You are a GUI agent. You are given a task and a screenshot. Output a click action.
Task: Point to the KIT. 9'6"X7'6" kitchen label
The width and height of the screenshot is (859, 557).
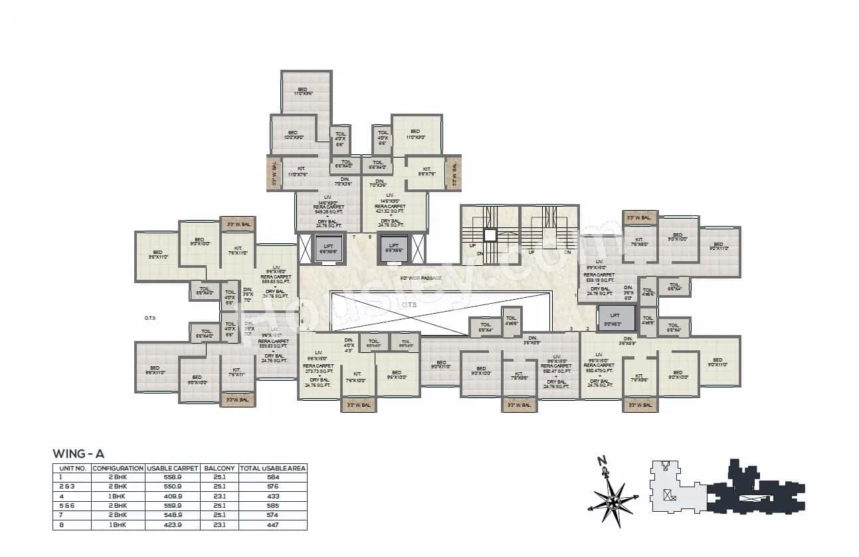coord(427,171)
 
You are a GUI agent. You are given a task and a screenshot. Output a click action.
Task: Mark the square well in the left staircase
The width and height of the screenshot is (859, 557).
coord(490,235)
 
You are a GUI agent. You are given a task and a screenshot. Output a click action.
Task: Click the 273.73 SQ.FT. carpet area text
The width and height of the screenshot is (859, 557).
coord(318,370)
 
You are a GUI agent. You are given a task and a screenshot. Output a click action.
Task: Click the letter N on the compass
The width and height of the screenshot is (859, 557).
coord(602,461)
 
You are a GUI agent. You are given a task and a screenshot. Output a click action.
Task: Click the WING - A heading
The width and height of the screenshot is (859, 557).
coord(78,454)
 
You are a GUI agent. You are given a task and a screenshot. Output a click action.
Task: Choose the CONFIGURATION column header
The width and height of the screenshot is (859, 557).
coord(118,468)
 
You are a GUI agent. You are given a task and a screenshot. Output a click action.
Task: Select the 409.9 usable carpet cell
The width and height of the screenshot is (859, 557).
coord(172,496)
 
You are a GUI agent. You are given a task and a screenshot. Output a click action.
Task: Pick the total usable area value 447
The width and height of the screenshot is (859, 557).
coord(272,524)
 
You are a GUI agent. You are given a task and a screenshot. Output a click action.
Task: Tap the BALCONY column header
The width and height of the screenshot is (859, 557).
coord(219,468)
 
